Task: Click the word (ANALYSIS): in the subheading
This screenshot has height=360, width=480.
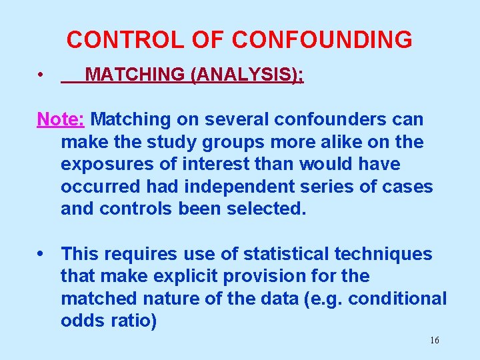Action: (x=247, y=75)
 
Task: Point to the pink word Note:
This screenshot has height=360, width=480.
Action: (x=61, y=119)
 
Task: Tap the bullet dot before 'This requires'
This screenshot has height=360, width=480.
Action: (x=42, y=254)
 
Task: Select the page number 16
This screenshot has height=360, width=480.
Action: (x=434, y=341)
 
